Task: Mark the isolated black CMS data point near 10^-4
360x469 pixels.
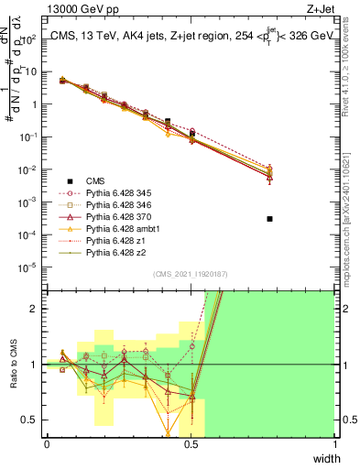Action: pyautogui.click(x=269, y=219)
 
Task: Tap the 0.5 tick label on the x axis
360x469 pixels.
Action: pyautogui.click(x=191, y=444)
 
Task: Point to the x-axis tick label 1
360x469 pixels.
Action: pyautogui.click(x=335, y=444)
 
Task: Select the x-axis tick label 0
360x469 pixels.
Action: pyautogui.click(x=47, y=444)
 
